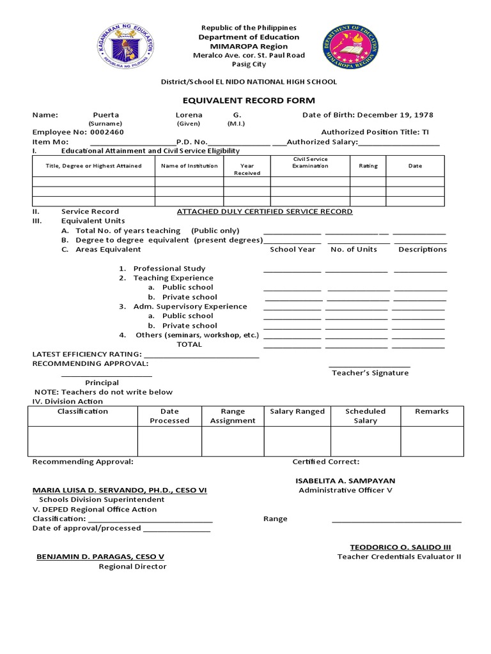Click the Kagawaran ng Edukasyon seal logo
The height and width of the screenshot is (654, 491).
click(126, 47)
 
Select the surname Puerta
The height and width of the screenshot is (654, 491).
click(106, 115)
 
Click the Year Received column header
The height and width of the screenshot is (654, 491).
click(247, 169)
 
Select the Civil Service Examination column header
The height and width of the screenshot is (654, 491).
click(310, 162)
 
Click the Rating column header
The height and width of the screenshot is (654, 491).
click(368, 165)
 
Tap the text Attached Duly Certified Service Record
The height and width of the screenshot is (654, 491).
click(264, 211)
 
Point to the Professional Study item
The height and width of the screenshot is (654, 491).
click(169, 268)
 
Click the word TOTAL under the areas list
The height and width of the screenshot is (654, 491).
click(189, 344)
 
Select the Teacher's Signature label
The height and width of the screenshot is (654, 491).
click(370, 373)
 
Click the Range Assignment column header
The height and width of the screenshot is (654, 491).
click(233, 416)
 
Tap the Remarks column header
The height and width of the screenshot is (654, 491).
click(432, 411)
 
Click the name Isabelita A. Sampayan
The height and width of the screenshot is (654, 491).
click(345, 480)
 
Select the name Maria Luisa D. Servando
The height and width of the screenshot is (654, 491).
click(120, 490)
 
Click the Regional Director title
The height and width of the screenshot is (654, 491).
click(132, 567)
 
